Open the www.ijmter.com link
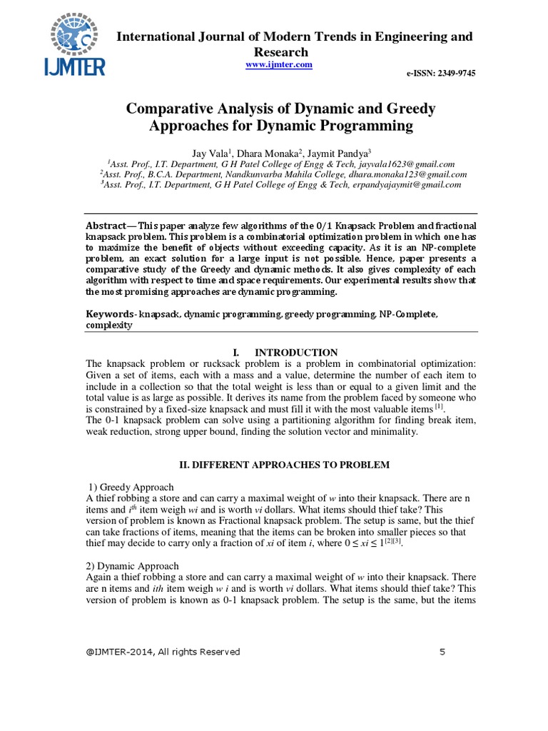coord(279,64)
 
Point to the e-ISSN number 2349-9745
coord(442,74)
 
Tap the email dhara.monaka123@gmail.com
coord(411,173)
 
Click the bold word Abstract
coord(107,223)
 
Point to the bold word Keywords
coord(109,314)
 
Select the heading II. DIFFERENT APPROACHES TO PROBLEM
coord(284,465)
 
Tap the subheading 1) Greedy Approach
coord(130,487)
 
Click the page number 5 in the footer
coord(442,652)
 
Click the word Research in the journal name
coord(282,51)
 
